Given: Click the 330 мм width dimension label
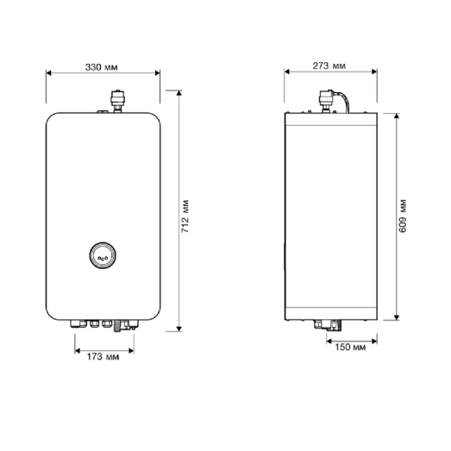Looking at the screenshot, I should coord(103,66).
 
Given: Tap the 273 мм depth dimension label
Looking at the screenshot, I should coord(332,66).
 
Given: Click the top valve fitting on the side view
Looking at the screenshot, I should coord(329,100).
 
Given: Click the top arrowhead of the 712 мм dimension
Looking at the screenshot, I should coord(179,89).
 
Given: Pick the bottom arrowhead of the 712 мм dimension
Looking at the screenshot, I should coord(179,329).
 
